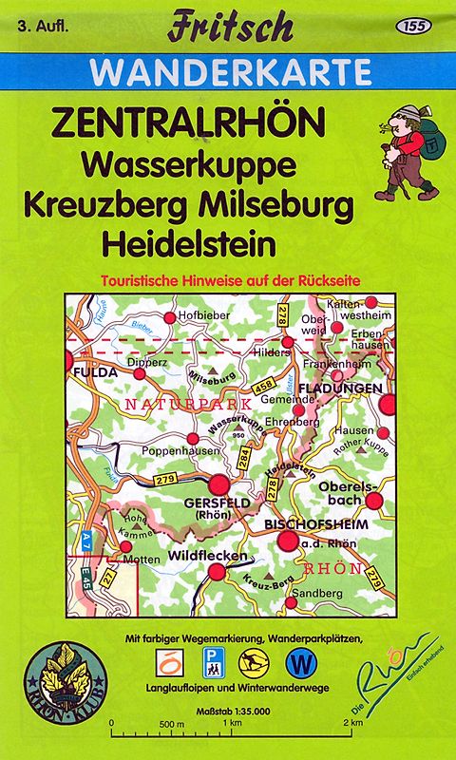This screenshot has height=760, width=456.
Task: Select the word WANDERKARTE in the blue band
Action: coord(230,72)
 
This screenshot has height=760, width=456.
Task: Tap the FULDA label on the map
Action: coord(95,371)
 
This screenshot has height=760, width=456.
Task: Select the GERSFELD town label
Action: coord(208,502)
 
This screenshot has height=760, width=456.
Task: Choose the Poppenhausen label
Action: coord(180,451)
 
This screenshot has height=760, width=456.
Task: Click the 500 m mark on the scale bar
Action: coord(171,724)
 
